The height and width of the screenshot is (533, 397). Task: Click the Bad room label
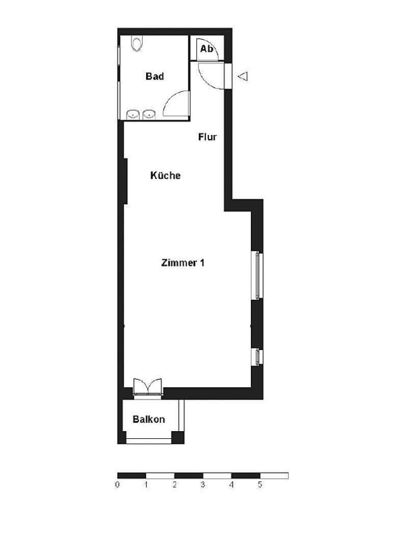[155, 76]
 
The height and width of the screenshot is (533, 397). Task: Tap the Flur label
[207, 137]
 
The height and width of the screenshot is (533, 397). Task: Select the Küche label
[165, 175]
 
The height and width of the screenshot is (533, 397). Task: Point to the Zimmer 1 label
[183, 263]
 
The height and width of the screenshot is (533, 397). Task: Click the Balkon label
[149, 419]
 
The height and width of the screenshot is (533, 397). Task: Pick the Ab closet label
[207, 49]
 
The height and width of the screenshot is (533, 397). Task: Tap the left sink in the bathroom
[133, 115]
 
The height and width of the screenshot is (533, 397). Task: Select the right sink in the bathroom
[149, 115]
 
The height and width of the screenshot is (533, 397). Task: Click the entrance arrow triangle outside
[242, 76]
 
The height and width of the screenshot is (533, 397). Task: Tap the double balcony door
[148, 387]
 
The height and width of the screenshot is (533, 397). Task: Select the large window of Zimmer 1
[257, 275]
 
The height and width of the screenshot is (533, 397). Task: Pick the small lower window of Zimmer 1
[257, 357]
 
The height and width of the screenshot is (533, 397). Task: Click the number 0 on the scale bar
[118, 485]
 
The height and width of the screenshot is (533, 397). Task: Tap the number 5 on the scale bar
[260, 485]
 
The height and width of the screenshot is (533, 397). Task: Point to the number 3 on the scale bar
[203, 485]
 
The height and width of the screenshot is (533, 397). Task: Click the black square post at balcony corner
[178, 438]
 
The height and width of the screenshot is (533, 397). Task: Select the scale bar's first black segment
[132, 475]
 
